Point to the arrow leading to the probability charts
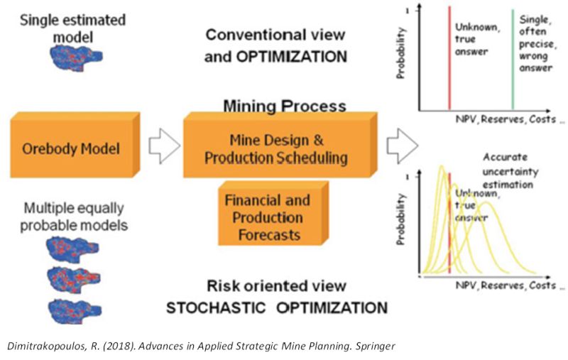[x=400, y=146]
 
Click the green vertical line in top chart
[x=513, y=60]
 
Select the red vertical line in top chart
[x=449, y=60]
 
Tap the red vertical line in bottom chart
[x=449, y=227]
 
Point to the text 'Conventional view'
[x=275, y=34]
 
